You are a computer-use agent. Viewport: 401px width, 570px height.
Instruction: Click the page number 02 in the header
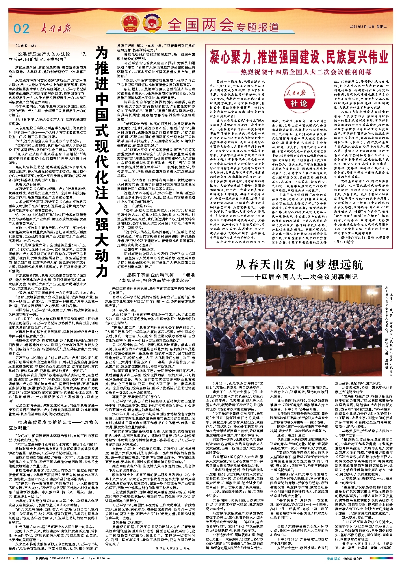pos(21,28)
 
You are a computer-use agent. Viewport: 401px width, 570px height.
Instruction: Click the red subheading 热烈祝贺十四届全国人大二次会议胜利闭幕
pos(299,72)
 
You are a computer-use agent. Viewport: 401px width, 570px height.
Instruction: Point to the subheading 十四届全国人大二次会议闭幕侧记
pos(299,277)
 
